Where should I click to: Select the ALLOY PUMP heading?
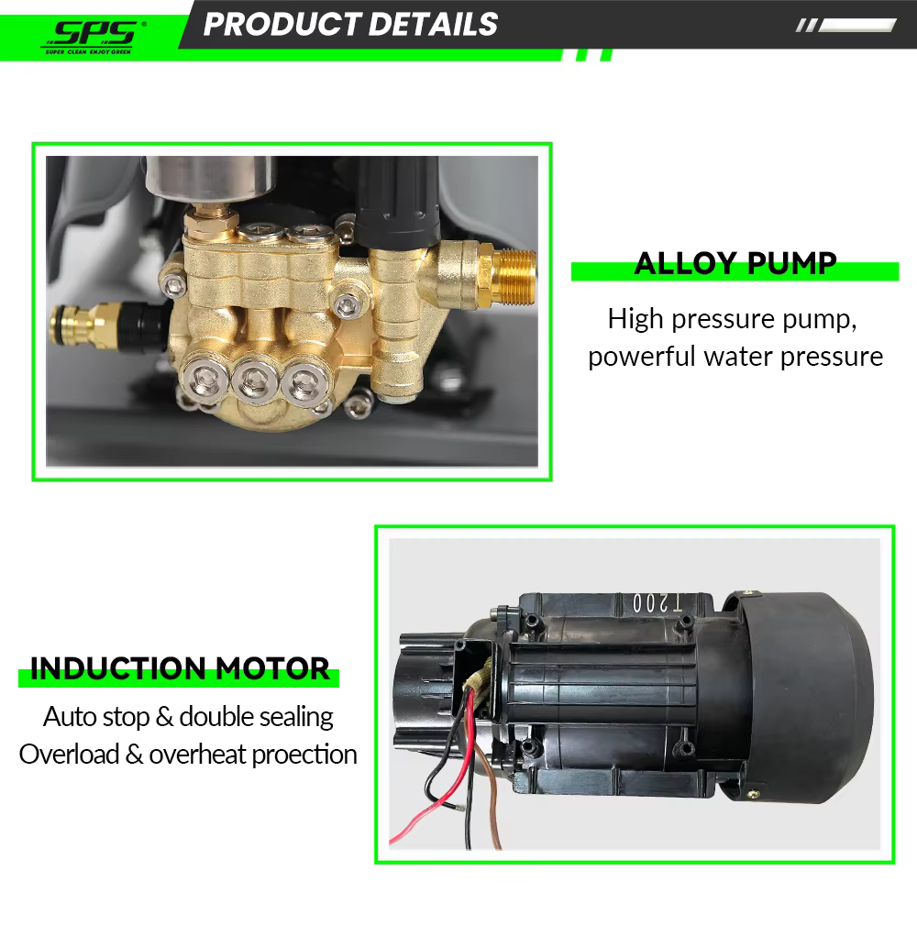tap(735, 264)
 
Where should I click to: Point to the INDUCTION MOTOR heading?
tap(180, 668)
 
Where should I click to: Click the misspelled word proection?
tap(304, 755)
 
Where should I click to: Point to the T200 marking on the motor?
tap(657, 602)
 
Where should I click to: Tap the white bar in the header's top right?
tap(856, 26)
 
